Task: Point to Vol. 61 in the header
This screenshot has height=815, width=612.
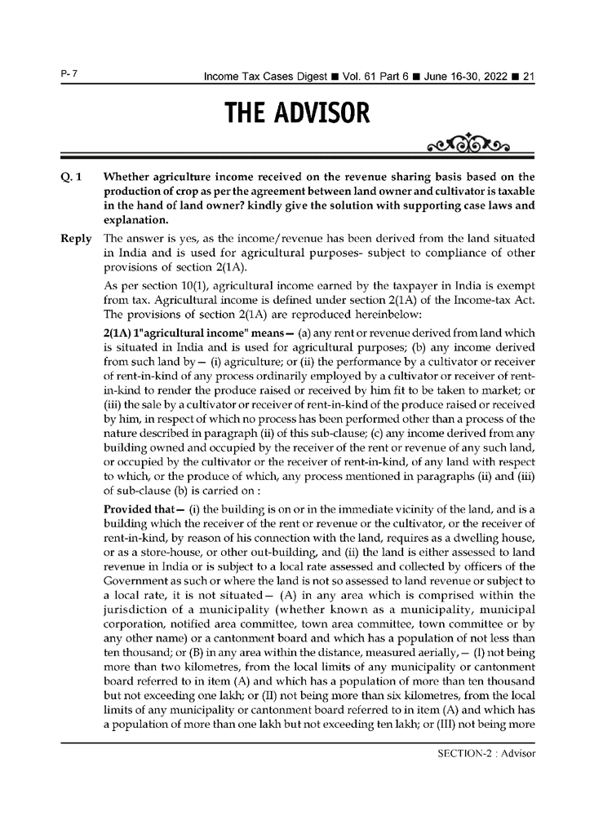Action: [x=377, y=77]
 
